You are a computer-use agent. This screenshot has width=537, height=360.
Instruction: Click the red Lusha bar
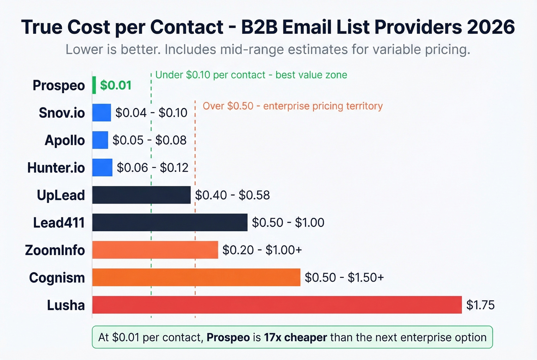[277, 305]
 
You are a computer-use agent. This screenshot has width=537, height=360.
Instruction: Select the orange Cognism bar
[196, 277]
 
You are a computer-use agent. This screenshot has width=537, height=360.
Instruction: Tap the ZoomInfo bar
[155, 250]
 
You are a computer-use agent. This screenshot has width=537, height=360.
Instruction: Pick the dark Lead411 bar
[170, 222]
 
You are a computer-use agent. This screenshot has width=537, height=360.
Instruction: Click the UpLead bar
[141, 195]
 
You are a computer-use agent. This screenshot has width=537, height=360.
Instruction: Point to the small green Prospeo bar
[94, 85]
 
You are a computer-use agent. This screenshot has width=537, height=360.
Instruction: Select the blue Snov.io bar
[102, 113]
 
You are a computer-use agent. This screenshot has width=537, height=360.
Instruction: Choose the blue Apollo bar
[100, 140]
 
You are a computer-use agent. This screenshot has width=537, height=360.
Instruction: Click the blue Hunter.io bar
[102, 168]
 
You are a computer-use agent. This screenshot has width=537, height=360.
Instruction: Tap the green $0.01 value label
[116, 85]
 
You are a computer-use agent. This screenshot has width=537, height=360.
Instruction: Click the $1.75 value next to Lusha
[480, 305]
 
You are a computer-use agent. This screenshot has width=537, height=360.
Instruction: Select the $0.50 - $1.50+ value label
[344, 278]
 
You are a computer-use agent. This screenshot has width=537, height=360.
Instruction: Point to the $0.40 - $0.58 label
[232, 195]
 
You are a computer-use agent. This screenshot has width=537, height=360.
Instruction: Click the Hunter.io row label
[56, 168]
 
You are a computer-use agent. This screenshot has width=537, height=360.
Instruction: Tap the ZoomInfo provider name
[55, 250]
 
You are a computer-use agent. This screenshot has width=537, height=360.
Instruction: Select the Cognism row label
[57, 278]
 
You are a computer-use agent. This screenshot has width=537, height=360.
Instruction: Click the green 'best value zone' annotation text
[251, 75]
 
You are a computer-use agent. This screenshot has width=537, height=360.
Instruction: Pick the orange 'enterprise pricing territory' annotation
[292, 106]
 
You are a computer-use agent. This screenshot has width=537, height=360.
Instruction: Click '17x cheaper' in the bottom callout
[295, 337]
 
